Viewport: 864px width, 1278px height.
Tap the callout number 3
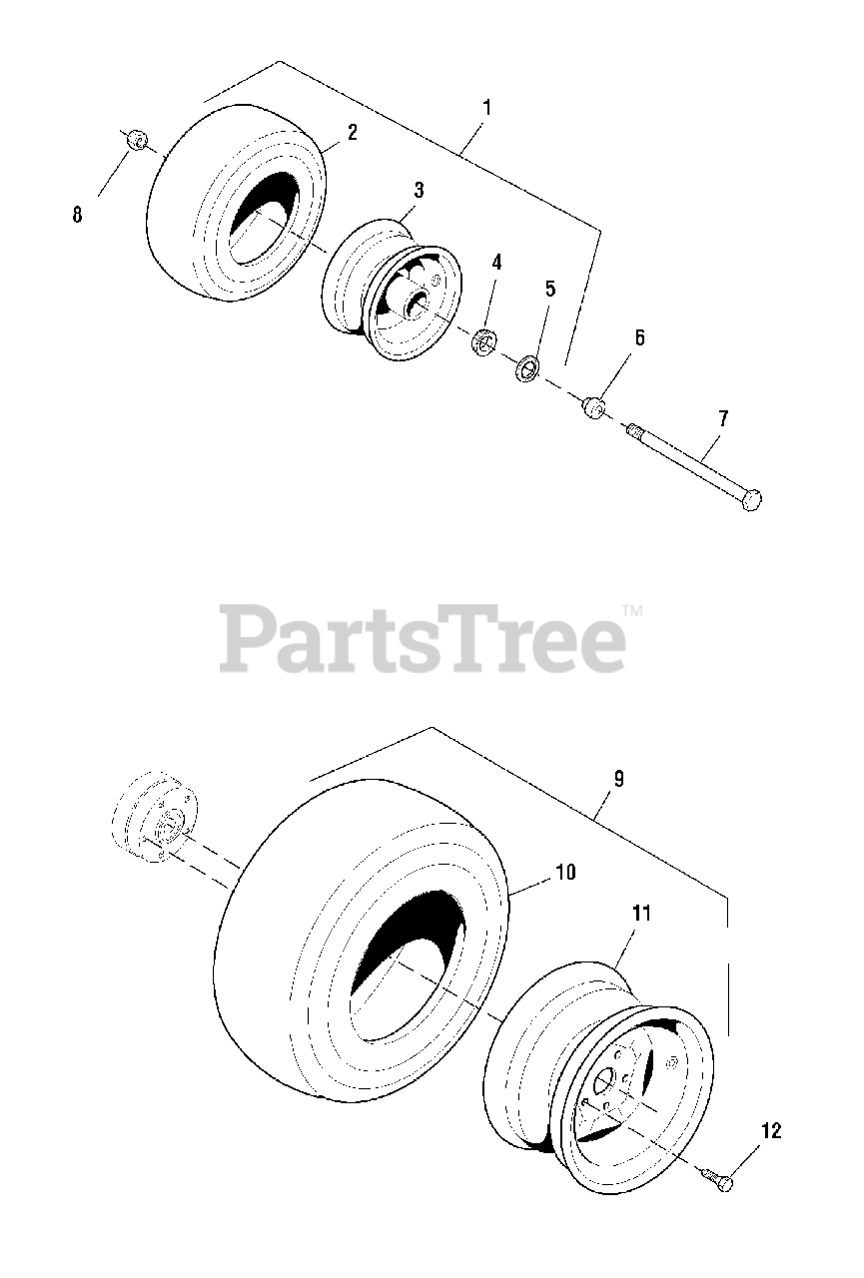(x=419, y=190)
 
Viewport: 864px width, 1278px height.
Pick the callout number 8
(x=77, y=214)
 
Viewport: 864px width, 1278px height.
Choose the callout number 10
(x=564, y=872)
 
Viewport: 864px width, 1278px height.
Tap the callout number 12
(x=770, y=1131)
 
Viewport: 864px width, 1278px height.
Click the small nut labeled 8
(x=138, y=139)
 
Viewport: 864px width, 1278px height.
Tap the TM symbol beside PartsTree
(x=632, y=610)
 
